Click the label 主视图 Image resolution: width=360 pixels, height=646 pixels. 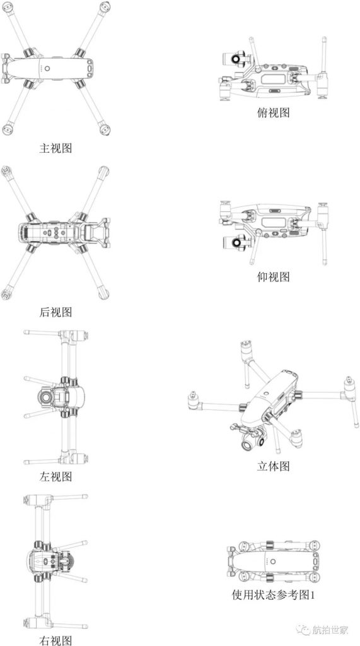pyautogui.click(x=55, y=148)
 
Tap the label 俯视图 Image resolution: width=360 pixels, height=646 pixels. pyautogui.click(x=273, y=112)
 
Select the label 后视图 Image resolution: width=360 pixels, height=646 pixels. pyautogui.click(x=55, y=312)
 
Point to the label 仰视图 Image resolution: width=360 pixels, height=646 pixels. pyautogui.click(x=273, y=277)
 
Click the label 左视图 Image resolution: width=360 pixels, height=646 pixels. pyautogui.click(x=55, y=477)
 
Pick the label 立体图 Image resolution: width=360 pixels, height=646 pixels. pyautogui.click(x=273, y=466)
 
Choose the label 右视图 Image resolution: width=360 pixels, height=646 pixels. pyautogui.click(x=55, y=640)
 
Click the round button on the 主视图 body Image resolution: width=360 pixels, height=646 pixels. pyautogui.click(x=47, y=69)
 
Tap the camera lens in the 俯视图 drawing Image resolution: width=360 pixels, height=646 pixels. pyautogui.click(x=237, y=59)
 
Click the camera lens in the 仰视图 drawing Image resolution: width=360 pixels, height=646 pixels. pyautogui.click(x=237, y=243)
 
